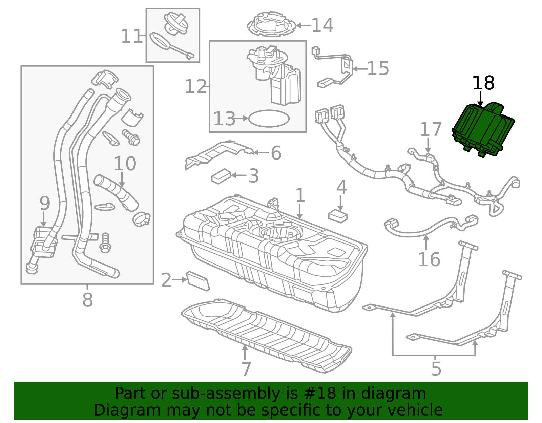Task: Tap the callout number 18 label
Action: (483, 83)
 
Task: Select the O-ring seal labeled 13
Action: (269, 119)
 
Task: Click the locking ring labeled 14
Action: (271, 24)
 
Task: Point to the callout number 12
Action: (195, 87)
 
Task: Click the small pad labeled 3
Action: (221, 176)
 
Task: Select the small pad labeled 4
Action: (338, 216)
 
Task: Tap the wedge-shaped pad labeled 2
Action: (198, 281)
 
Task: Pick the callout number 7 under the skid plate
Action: (246, 369)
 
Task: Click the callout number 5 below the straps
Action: (436, 369)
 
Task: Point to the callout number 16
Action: (429, 260)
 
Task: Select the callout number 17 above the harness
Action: (431, 130)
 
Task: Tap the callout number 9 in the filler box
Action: (45, 204)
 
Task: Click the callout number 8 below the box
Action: (87, 300)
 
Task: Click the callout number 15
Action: (378, 69)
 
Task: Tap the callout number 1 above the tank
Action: (300, 195)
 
